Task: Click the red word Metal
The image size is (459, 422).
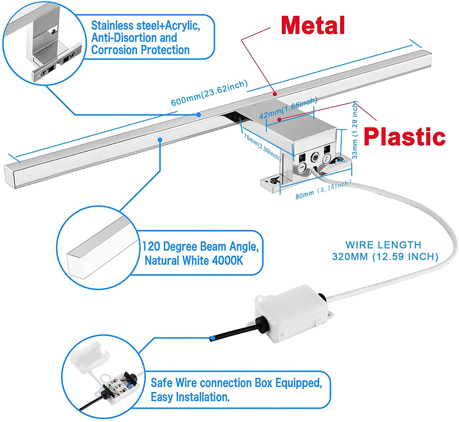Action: point(313,25)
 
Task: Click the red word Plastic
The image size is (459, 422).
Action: point(404,137)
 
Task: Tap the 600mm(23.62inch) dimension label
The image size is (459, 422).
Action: point(209,93)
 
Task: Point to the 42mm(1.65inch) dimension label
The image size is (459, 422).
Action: point(288,108)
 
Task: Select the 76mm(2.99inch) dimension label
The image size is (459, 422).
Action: point(262,146)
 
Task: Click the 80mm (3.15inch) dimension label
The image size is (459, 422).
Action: point(323,189)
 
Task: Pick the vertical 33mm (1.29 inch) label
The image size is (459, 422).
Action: point(355,130)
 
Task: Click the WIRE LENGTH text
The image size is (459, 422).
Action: point(383,245)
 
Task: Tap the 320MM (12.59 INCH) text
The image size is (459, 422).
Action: point(385,257)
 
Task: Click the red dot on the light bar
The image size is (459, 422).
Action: point(275,94)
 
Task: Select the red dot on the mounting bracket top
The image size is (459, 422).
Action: point(279,119)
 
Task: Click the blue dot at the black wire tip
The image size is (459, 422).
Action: point(212,338)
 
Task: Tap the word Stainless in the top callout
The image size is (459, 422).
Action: point(112,25)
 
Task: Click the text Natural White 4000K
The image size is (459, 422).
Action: point(194,261)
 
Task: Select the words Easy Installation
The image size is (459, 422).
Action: point(190,397)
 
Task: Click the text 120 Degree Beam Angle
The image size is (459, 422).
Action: point(200,246)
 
